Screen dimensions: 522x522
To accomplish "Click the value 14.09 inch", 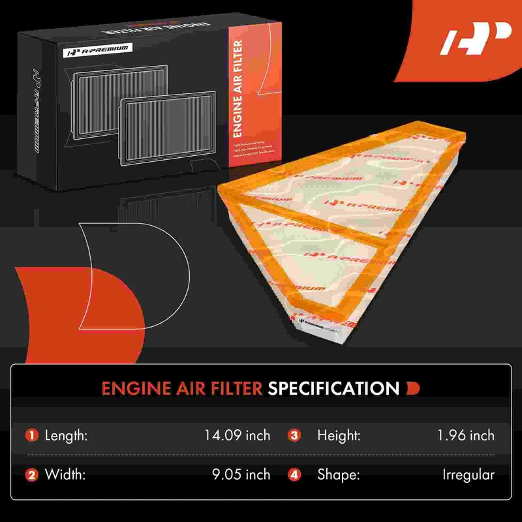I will [x=238, y=435].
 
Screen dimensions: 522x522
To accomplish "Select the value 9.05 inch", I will [x=241, y=475].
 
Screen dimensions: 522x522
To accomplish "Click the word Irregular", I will [x=468, y=475].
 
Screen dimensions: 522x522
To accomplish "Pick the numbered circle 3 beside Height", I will [x=294, y=435].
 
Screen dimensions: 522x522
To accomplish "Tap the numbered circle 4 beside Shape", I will [x=294, y=475].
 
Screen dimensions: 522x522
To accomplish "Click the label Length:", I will [x=66, y=435].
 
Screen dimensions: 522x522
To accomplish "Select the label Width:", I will [x=63, y=475].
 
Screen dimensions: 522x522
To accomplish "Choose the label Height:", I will [x=339, y=435].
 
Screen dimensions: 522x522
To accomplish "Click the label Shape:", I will [x=338, y=475].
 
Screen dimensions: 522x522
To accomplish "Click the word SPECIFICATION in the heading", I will [x=333, y=389].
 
